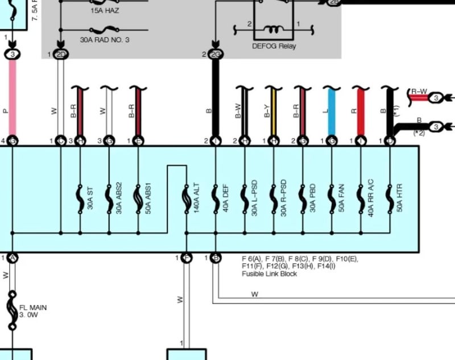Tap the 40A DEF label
226,199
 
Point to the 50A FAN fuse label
342,199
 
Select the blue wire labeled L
332,111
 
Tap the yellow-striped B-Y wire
274,111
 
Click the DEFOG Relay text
275,47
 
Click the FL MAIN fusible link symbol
11,311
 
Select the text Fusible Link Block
269,274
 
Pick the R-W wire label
419,90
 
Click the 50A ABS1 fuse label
148,199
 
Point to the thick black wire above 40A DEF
216,97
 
